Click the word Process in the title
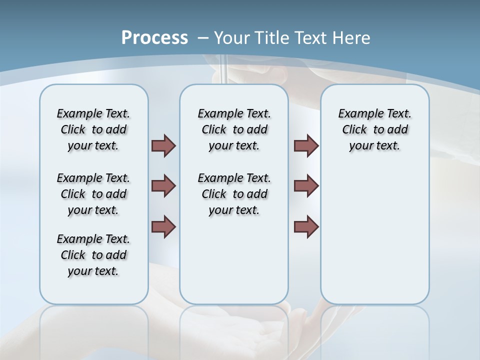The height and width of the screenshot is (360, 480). click(x=154, y=37)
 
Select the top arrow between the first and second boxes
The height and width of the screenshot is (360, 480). click(x=163, y=146)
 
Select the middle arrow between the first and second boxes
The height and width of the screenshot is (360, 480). click(x=163, y=186)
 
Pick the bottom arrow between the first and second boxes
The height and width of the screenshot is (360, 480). click(x=163, y=226)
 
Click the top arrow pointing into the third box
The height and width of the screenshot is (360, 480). click(x=306, y=146)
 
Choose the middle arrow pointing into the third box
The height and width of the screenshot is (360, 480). click(x=306, y=186)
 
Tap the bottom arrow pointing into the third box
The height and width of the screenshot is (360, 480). click(x=306, y=226)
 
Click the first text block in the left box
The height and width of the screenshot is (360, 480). click(x=93, y=129)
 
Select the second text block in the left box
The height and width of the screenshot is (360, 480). click(x=93, y=194)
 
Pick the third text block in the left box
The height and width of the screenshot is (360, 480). click(x=93, y=255)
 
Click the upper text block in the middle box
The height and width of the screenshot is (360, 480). click(x=234, y=129)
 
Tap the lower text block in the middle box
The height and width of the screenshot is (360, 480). click(x=234, y=194)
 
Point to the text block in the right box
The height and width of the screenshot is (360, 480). click(x=374, y=129)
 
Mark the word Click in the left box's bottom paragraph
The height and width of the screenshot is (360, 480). click(x=73, y=255)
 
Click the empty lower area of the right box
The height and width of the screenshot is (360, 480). click(x=374, y=235)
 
